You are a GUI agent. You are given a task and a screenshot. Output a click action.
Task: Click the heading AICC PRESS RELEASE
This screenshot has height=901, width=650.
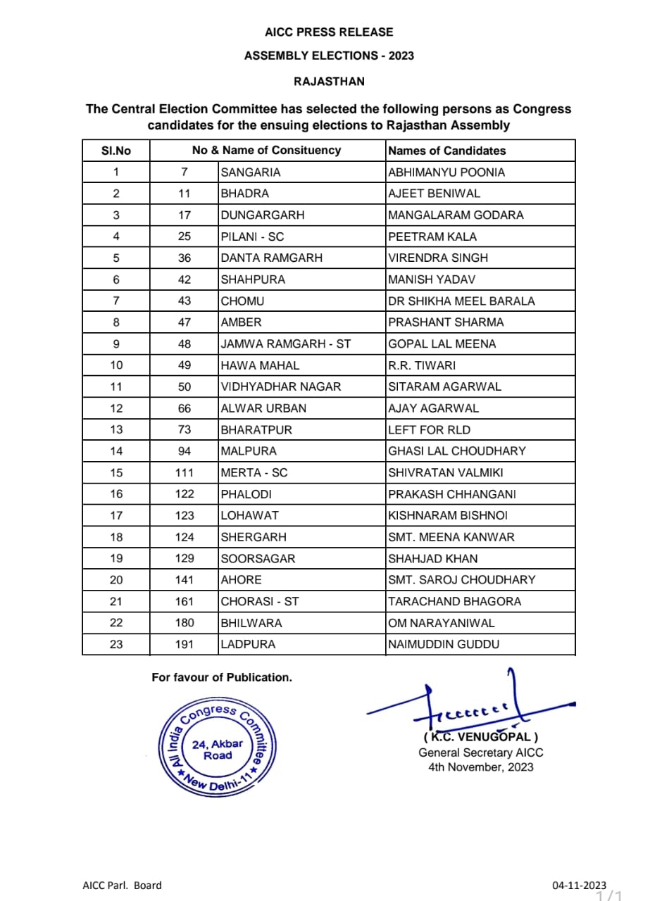329,32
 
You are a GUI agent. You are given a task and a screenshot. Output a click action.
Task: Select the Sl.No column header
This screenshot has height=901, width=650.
115,151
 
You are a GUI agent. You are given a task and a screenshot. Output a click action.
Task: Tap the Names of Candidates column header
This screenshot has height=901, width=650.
446,151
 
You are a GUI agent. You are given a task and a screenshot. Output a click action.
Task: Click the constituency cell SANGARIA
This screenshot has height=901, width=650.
251,172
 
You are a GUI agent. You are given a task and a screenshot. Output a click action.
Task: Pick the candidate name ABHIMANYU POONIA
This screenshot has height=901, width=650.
446,172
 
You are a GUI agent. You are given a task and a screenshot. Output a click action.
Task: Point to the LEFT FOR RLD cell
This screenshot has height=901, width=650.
429,429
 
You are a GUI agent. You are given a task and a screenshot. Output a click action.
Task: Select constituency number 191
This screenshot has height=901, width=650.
185,644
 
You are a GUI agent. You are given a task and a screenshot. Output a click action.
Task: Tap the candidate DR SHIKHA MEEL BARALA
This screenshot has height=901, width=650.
461,301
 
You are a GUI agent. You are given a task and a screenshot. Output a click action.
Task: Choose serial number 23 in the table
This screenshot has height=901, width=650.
116,644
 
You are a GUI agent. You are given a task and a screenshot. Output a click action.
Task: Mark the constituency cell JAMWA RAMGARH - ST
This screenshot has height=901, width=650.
285,344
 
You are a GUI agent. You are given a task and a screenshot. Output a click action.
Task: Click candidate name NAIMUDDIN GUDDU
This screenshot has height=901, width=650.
444,644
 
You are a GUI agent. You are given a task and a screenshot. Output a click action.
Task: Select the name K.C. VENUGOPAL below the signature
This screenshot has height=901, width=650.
481,738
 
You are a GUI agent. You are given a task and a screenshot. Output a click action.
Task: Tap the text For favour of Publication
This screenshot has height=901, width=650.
222,677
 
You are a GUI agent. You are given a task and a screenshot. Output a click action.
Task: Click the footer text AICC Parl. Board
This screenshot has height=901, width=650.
122,886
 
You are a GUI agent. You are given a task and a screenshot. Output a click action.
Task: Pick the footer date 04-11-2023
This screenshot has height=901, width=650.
579,886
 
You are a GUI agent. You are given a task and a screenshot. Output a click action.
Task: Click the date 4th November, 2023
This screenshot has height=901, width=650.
481,767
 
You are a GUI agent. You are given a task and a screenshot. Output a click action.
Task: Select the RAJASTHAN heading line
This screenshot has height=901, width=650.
329,82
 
